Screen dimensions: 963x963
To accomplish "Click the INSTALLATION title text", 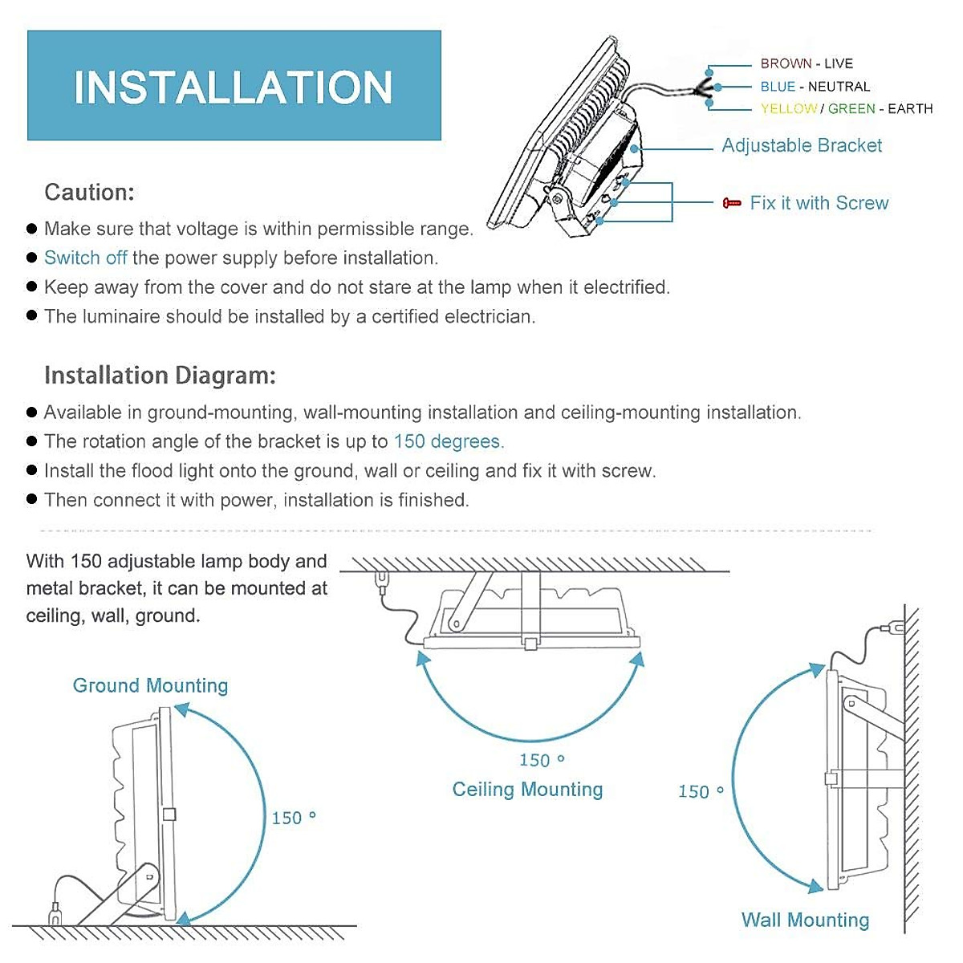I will [233, 87].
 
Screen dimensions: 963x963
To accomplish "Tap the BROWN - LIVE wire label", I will [807, 63].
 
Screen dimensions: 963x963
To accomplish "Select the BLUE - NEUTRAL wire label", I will [815, 86].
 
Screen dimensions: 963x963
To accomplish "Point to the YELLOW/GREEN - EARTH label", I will [847, 108].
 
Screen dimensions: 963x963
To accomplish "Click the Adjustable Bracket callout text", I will [802, 145].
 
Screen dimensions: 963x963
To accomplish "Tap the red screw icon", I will [731, 203].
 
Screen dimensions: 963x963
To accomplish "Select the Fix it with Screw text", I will [819, 203].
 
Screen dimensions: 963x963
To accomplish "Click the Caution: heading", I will [89, 193].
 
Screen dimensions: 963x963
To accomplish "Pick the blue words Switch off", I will [86, 258].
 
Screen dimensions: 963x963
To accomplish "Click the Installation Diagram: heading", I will [160, 376].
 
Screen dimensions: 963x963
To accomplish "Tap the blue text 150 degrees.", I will [449, 441].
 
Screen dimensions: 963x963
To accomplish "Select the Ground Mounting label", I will [150, 685].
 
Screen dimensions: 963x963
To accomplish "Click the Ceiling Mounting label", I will [527, 789].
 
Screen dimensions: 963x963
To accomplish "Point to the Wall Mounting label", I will [805, 920].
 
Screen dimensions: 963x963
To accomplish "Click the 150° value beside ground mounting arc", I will [293, 818].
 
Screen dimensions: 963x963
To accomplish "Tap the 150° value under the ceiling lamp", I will [542, 759].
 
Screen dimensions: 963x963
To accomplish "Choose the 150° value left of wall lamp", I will [701, 791].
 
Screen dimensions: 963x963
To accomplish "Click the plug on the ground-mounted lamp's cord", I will [55, 912].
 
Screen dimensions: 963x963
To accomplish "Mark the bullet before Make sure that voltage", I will [32, 229].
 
